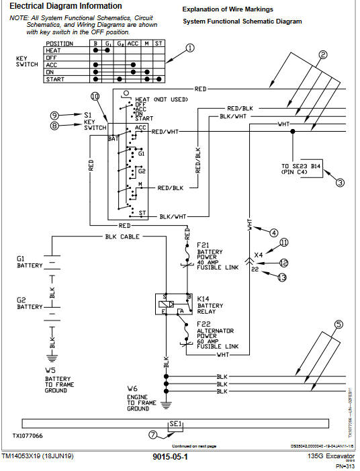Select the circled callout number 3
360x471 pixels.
pyautogui.click(x=340, y=182)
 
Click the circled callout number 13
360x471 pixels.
pyautogui.click(x=282, y=276)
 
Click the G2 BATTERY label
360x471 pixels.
pyautogui.click(x=30, y=304)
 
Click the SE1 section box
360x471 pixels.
pyautogui.click(x=175, y=425)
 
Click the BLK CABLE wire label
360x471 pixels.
pyautogui.click(x=122, y=237)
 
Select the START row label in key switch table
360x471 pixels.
pyautogui.click(x=54, y=79)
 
